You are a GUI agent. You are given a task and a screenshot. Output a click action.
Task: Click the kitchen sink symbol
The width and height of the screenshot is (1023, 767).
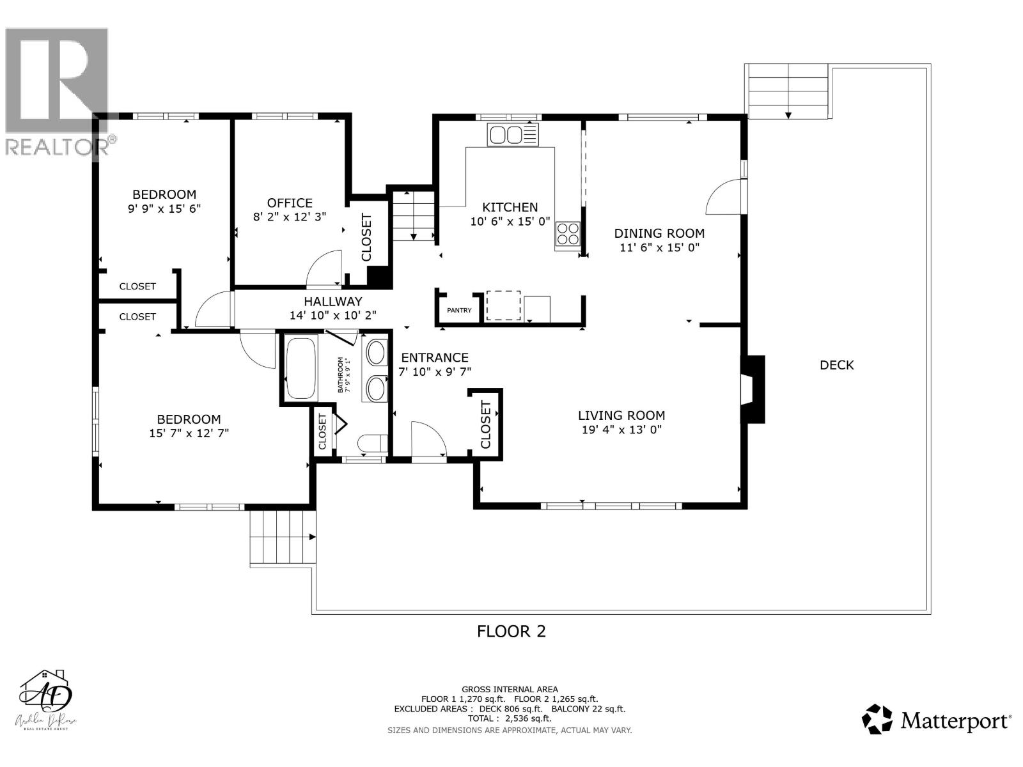(x=513, y=134)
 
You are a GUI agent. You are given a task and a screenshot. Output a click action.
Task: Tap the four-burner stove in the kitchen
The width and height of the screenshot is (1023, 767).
(x=568, y=233)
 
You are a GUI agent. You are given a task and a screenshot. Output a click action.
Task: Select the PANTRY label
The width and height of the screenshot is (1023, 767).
(x=459, y=311)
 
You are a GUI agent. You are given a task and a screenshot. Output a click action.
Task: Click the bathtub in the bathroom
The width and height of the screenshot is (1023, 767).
(x=301, y=369)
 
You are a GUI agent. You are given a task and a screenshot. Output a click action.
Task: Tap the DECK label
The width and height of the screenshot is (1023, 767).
(x=836, y=365)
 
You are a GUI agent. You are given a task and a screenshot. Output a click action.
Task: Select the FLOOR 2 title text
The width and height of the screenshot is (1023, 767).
(x=511, y=631)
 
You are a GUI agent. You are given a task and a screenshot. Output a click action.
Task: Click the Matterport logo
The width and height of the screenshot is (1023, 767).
(x=937, y=721)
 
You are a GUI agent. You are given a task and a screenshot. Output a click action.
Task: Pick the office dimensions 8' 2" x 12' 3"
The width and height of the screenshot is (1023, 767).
(x=290, y=217)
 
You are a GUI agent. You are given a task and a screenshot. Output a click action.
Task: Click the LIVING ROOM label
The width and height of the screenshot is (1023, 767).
(x=621, y=415)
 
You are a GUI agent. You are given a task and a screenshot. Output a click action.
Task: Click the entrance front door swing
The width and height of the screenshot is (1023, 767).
(x=428, y=440)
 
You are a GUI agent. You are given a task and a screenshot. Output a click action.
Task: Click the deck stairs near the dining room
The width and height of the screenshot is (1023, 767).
(x=788, y=91)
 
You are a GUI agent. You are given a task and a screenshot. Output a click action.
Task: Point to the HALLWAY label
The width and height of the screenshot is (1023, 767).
(x=332, y=302)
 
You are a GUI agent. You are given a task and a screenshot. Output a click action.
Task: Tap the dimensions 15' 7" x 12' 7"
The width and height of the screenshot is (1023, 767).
(x=189, y=433)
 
